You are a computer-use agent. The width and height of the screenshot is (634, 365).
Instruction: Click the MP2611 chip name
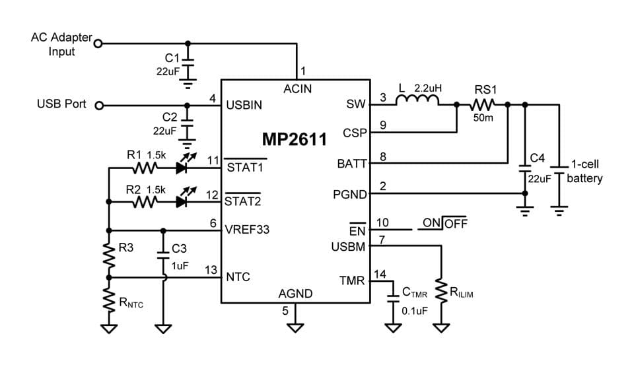tap(295, 140)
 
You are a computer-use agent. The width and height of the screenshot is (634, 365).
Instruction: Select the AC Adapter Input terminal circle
tap(98, 44)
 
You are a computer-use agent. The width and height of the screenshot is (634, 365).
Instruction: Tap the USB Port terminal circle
tap(98, 105)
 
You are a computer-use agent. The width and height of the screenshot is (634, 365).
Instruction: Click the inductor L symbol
tap(417, 101)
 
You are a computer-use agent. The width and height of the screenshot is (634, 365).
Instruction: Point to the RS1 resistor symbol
tap(483, 104)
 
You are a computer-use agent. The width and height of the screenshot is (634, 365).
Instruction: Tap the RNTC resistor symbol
tap(108, 303)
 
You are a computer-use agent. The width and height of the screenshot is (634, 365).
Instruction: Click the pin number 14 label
tap(381, 273)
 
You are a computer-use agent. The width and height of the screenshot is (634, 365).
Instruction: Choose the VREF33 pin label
tap(248, 230)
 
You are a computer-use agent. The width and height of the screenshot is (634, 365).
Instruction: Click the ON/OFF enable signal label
tap(444, 224)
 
